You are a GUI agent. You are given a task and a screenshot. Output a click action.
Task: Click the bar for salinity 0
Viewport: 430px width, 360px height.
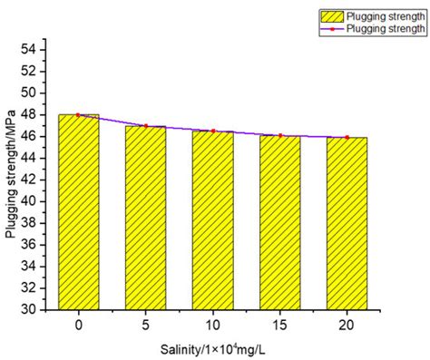tap(78, 212)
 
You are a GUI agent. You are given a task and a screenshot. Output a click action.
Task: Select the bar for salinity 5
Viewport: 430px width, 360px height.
tap(145, 218)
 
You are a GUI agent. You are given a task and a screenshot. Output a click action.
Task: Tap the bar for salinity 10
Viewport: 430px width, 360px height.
tap(212, 219)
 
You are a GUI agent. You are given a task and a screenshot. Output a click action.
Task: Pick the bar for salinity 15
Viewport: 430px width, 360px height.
tap(279, 222)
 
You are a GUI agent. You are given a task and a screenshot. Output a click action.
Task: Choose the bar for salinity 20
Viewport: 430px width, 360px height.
tap(347, 223)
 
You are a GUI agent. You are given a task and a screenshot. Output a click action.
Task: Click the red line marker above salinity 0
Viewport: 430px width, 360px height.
tap(78, 115)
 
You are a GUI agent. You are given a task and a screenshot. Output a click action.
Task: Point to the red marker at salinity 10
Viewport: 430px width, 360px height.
tap(212, 131)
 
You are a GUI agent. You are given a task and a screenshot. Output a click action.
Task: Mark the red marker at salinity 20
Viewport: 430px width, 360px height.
tap(347, 137)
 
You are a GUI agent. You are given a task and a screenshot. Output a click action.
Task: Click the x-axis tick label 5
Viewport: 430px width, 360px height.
tap(145, 324)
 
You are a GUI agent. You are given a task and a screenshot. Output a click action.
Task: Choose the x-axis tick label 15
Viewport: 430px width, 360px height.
tap(279, 324)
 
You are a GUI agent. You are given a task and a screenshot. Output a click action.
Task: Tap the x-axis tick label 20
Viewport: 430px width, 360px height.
tap(347, 324)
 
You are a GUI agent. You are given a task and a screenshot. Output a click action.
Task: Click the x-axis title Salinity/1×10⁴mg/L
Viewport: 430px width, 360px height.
tap(212, 347)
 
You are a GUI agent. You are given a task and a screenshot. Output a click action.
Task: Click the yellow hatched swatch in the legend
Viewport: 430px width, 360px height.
tap(333, 15)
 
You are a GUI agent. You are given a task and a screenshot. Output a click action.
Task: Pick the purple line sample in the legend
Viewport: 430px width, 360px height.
tap(333, 29)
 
